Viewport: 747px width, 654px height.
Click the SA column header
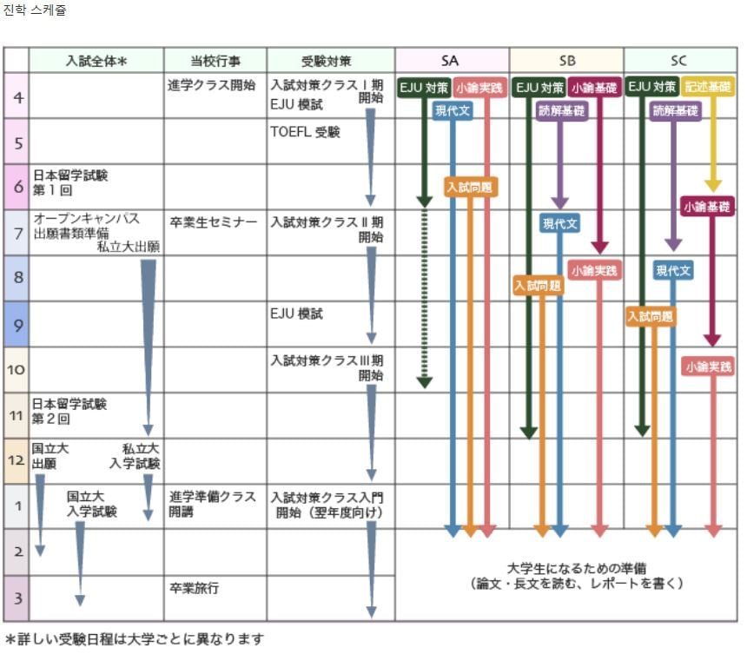450,61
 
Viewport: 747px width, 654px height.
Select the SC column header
679,61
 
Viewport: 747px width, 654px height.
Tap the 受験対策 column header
327,61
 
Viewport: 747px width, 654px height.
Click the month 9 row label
18,325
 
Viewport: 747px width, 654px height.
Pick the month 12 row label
16,460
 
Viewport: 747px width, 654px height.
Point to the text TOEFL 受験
305,132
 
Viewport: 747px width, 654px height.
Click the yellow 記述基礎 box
707,87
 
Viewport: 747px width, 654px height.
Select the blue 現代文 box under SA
453,111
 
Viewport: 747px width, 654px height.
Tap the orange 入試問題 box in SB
539,286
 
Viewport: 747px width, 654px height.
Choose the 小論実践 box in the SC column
709,367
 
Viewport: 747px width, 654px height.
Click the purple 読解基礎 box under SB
561,111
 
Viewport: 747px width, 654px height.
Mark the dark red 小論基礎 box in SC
707,206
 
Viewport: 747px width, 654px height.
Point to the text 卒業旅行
194,588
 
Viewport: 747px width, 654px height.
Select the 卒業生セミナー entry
214,222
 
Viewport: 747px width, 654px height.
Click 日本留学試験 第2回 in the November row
69,411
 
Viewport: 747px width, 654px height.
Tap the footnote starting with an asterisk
134,638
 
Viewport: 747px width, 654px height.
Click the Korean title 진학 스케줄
34,10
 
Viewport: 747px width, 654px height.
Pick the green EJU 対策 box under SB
539,87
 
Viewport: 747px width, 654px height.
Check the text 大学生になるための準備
577,568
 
